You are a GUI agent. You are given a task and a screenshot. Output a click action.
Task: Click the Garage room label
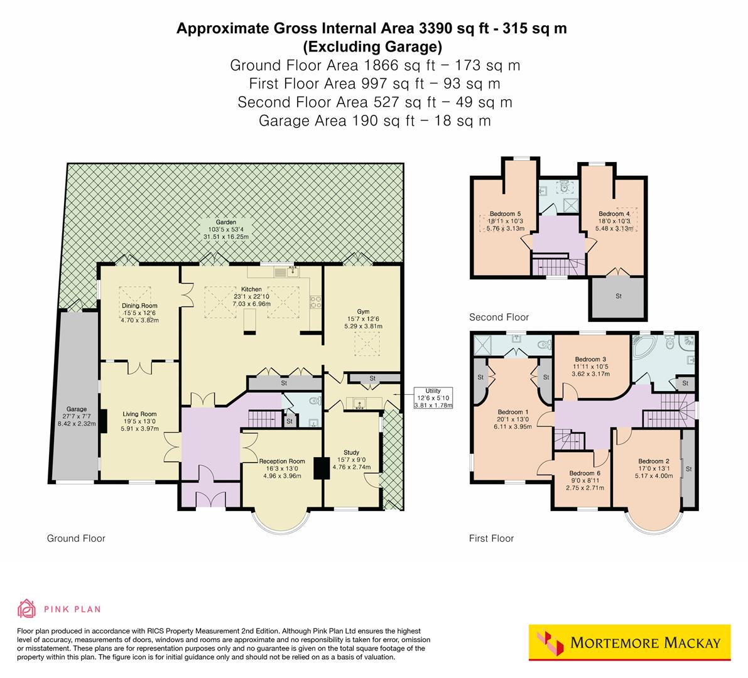pyautogui.click(x=77, y=409)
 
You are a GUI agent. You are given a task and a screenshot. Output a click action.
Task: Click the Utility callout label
pyautogui.click(x=433, y=390)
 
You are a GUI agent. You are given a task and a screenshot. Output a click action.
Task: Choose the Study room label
pyautogui.click(x=351, y=452)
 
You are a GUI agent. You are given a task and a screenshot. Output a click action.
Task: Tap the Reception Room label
pyautogui.click(x=282, y=461)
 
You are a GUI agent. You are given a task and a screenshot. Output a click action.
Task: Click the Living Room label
pyautogui.click(x=139, y=414)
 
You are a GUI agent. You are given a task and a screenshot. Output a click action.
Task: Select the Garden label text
pyautogui.click(x=226, y=222)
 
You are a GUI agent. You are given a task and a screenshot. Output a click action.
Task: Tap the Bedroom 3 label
pyautogui.click(x=590, y=359)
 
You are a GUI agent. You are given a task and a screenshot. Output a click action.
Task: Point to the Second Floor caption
pyautogui.click(x=499, y=317)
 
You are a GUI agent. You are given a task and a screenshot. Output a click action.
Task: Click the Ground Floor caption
pyautogui.click(x=76, y=538)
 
